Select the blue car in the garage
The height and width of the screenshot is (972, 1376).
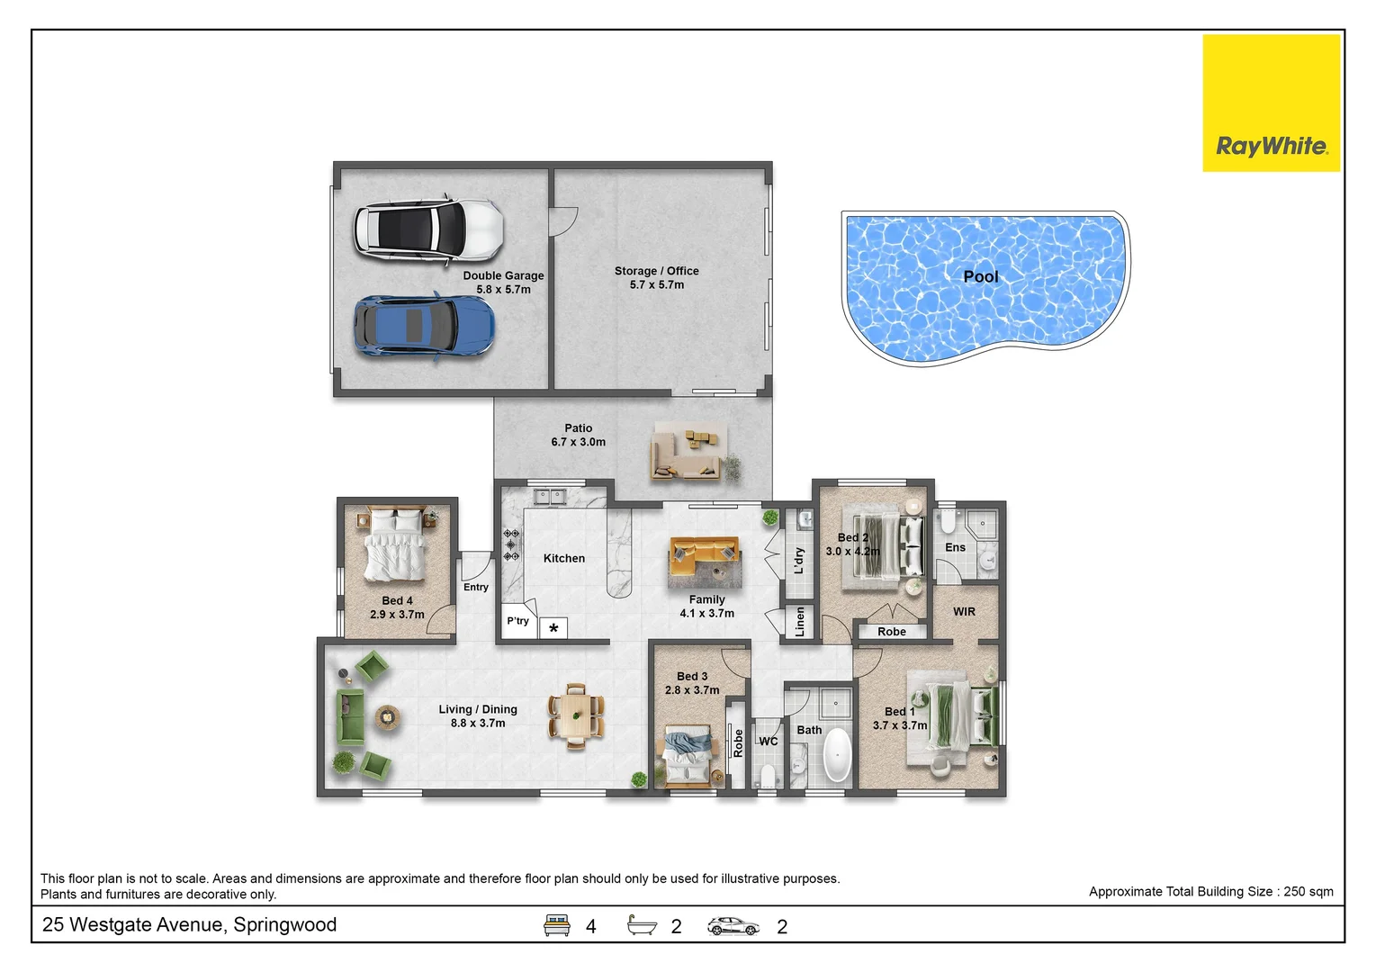[424, 325]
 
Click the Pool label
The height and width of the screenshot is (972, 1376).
[980, 277]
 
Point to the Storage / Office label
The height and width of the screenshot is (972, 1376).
[656, 271]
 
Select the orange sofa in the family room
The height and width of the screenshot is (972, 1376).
[705, 556]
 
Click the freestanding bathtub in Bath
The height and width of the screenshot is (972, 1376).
[837, 755]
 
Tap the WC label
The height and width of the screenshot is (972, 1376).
[768, 742]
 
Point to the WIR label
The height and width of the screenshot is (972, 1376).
[964, 612]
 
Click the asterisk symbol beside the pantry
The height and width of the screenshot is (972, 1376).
[553, 628]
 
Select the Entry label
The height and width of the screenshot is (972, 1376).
[476, 588]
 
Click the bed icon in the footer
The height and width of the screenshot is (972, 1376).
[557, 925]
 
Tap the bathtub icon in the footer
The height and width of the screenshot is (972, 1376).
[642, 925]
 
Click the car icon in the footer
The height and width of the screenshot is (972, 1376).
[733, 926]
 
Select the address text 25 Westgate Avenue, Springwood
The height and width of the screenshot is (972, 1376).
[190, 925]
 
